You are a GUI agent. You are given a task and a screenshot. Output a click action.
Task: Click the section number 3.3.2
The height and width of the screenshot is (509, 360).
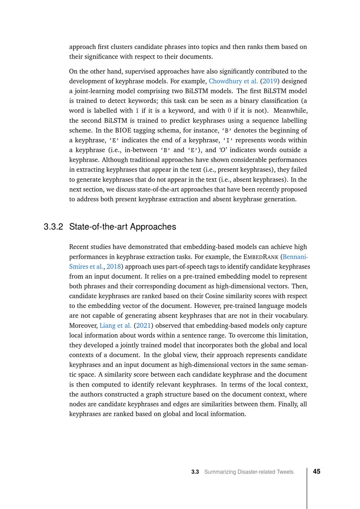click(53, 227)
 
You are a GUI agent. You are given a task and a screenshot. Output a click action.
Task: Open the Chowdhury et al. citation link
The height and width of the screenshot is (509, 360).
click(233, 81)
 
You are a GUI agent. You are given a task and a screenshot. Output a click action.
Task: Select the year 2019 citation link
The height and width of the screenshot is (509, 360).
click(270, 81)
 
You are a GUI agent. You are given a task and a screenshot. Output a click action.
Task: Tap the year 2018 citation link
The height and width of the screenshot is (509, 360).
click(113, 266)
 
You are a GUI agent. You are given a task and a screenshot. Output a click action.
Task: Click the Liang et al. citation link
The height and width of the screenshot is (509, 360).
click(115, 325)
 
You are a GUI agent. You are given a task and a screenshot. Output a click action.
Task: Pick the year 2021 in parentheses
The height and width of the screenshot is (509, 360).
click(143, 325)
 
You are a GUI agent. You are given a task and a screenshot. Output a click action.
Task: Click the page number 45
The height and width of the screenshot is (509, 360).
click(317, 472)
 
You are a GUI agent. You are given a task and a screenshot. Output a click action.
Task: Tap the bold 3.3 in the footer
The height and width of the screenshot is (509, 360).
click(195, 472)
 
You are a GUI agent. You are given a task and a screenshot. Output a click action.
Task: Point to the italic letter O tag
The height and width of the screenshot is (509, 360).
click(223, 150)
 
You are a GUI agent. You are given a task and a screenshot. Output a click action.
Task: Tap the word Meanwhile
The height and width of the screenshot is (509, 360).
click(291, 111)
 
